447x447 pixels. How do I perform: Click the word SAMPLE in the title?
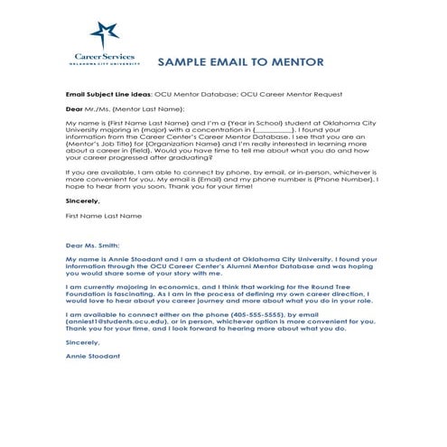coord(184,63)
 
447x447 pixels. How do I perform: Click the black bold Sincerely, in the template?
coord(82,201)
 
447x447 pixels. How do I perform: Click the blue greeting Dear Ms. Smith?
coord(92,245)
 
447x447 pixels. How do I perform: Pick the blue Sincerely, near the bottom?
coord(82,342)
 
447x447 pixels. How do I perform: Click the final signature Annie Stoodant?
coord(92,356)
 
